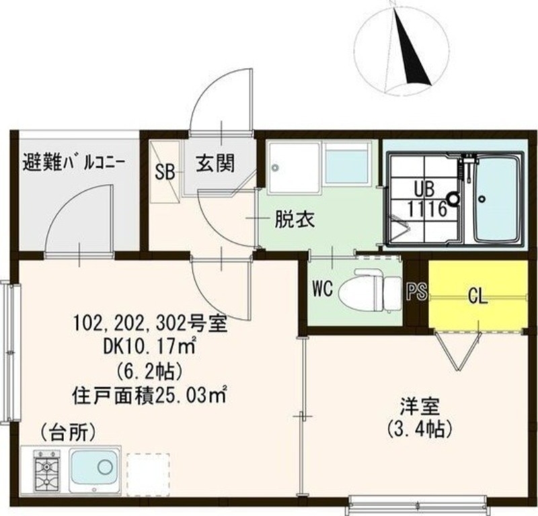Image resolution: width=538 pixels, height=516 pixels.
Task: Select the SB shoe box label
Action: click(x=165, y=171)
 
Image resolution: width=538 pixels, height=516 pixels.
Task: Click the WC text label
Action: click(x=323, y=290)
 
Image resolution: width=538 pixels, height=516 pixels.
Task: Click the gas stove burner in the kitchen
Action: click(x=46, y=468)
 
